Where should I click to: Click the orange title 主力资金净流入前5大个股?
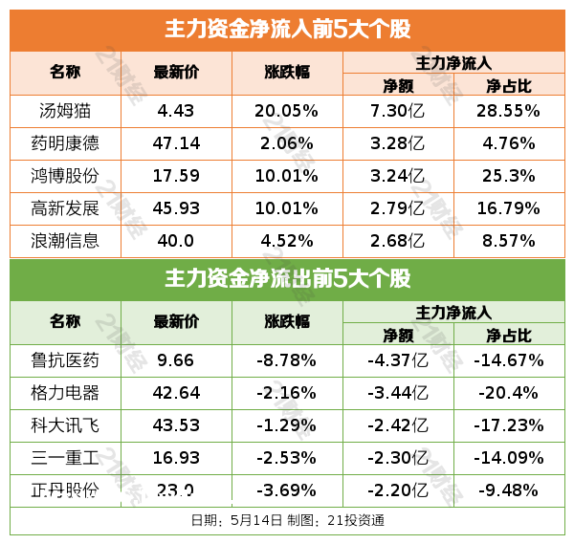point(287,29)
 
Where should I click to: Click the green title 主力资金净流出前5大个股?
point(287,279)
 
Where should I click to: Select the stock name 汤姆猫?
point(65,111)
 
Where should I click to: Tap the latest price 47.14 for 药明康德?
point(177,143)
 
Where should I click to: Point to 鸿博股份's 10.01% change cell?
point(286,176)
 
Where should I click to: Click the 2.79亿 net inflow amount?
point(398,208)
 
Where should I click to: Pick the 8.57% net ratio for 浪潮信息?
point(508,241)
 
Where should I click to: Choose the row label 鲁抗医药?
point(65,360)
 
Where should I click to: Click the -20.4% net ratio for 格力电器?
point(508,393)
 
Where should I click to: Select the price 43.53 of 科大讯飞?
point(177,425)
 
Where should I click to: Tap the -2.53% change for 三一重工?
point(286,458)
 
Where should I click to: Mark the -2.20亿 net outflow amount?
point(398,490)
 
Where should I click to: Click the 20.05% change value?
point(286,111)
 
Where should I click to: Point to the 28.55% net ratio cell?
point(508,111)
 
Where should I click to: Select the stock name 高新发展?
point(65,208)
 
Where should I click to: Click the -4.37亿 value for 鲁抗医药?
point(398,360)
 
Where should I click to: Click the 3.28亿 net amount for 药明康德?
point(398,143)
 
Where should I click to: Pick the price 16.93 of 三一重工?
point(177,458)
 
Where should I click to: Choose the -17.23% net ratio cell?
point(508,425)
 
